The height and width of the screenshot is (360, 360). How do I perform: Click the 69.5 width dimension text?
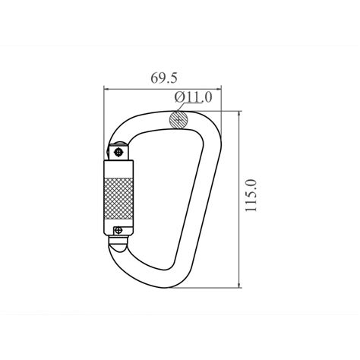164,78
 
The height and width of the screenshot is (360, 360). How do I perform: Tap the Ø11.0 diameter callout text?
193,97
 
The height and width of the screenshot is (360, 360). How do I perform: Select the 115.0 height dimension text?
251,195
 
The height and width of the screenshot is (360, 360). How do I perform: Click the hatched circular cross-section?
178,120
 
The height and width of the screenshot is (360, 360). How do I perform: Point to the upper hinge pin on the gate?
118,152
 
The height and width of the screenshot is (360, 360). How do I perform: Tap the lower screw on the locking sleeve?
118,230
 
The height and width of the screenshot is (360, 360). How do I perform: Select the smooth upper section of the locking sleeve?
118,169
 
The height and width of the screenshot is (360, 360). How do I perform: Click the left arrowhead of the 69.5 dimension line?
106,89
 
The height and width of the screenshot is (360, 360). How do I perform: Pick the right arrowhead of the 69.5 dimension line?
219,89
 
